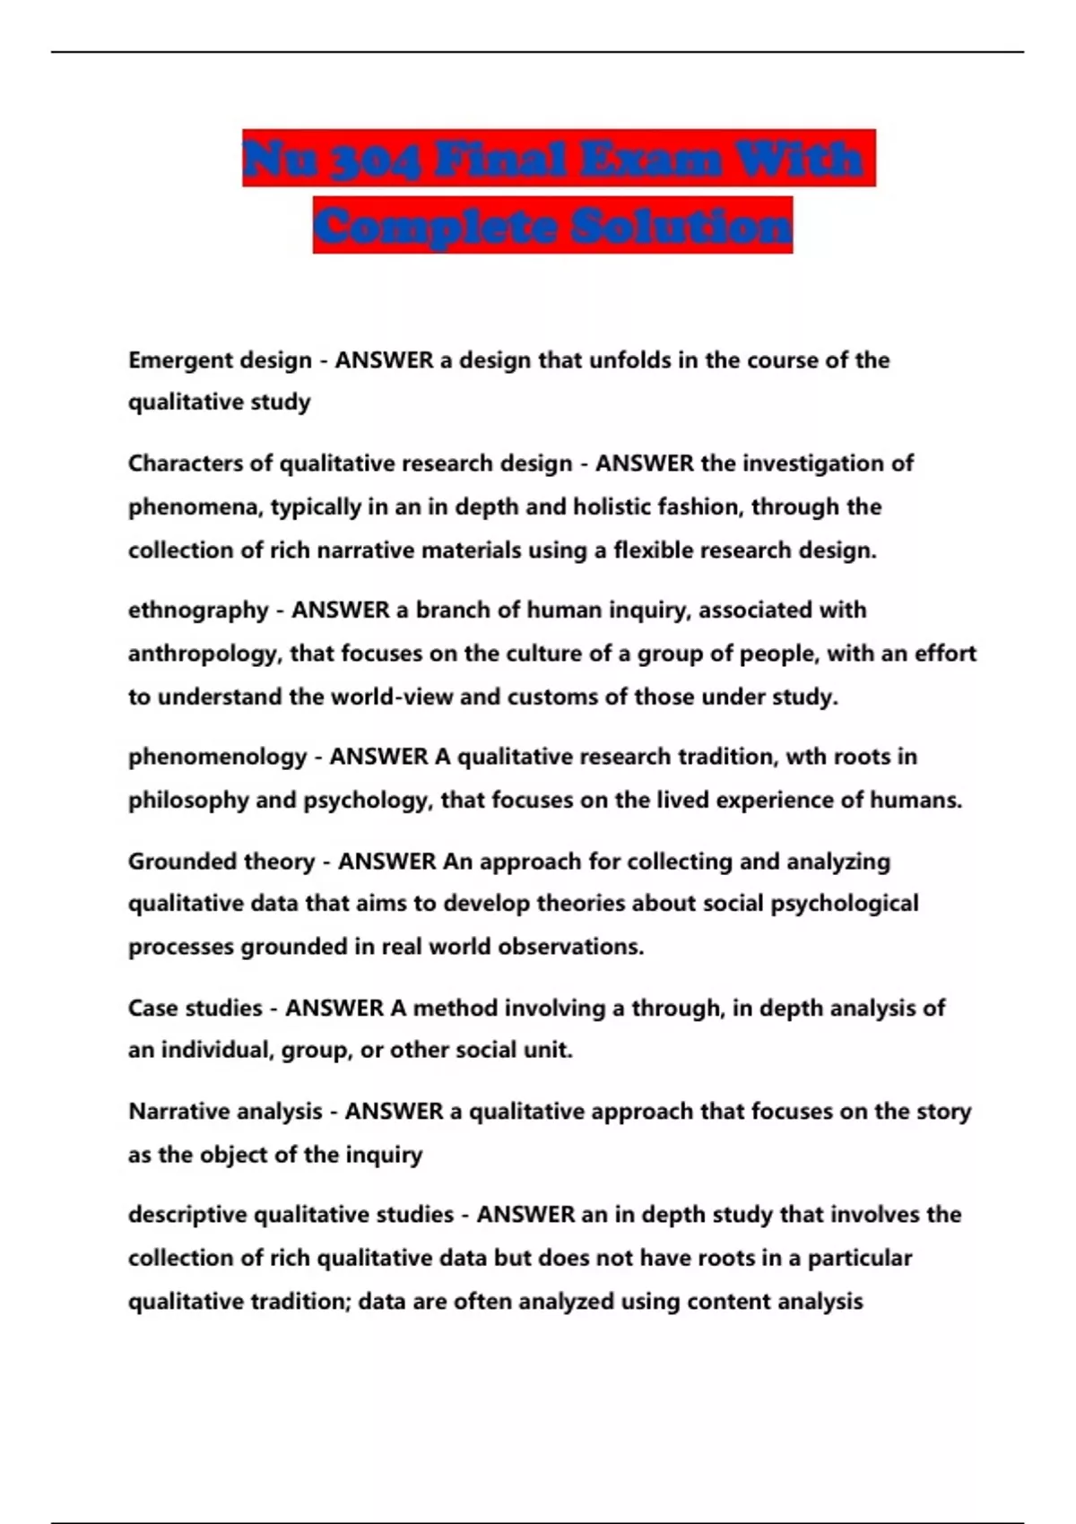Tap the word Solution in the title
point(682,226)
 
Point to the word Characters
point(186,463)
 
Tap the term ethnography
point(198,610)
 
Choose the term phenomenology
point(218,758)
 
